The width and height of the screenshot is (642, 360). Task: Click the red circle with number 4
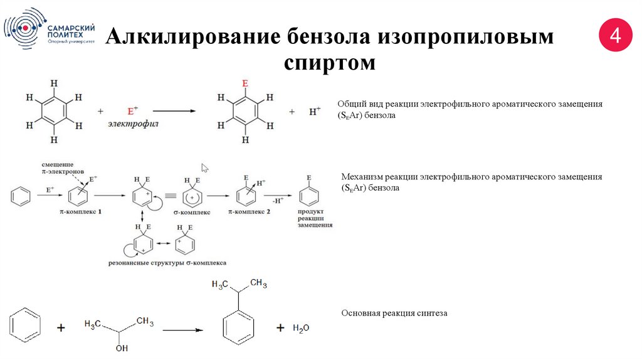click(616, 36)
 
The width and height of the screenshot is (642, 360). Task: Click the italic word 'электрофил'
click(133, 124)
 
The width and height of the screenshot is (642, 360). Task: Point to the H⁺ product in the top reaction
click(315, 112)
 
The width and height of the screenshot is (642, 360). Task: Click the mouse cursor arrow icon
click(204, 167)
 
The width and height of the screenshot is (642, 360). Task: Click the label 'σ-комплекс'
click(192, 213)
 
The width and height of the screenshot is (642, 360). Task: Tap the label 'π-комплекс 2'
click(250, 213)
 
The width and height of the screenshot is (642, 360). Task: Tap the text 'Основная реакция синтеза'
click(394, 312)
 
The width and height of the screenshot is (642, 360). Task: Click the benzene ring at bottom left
click(25, 326)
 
